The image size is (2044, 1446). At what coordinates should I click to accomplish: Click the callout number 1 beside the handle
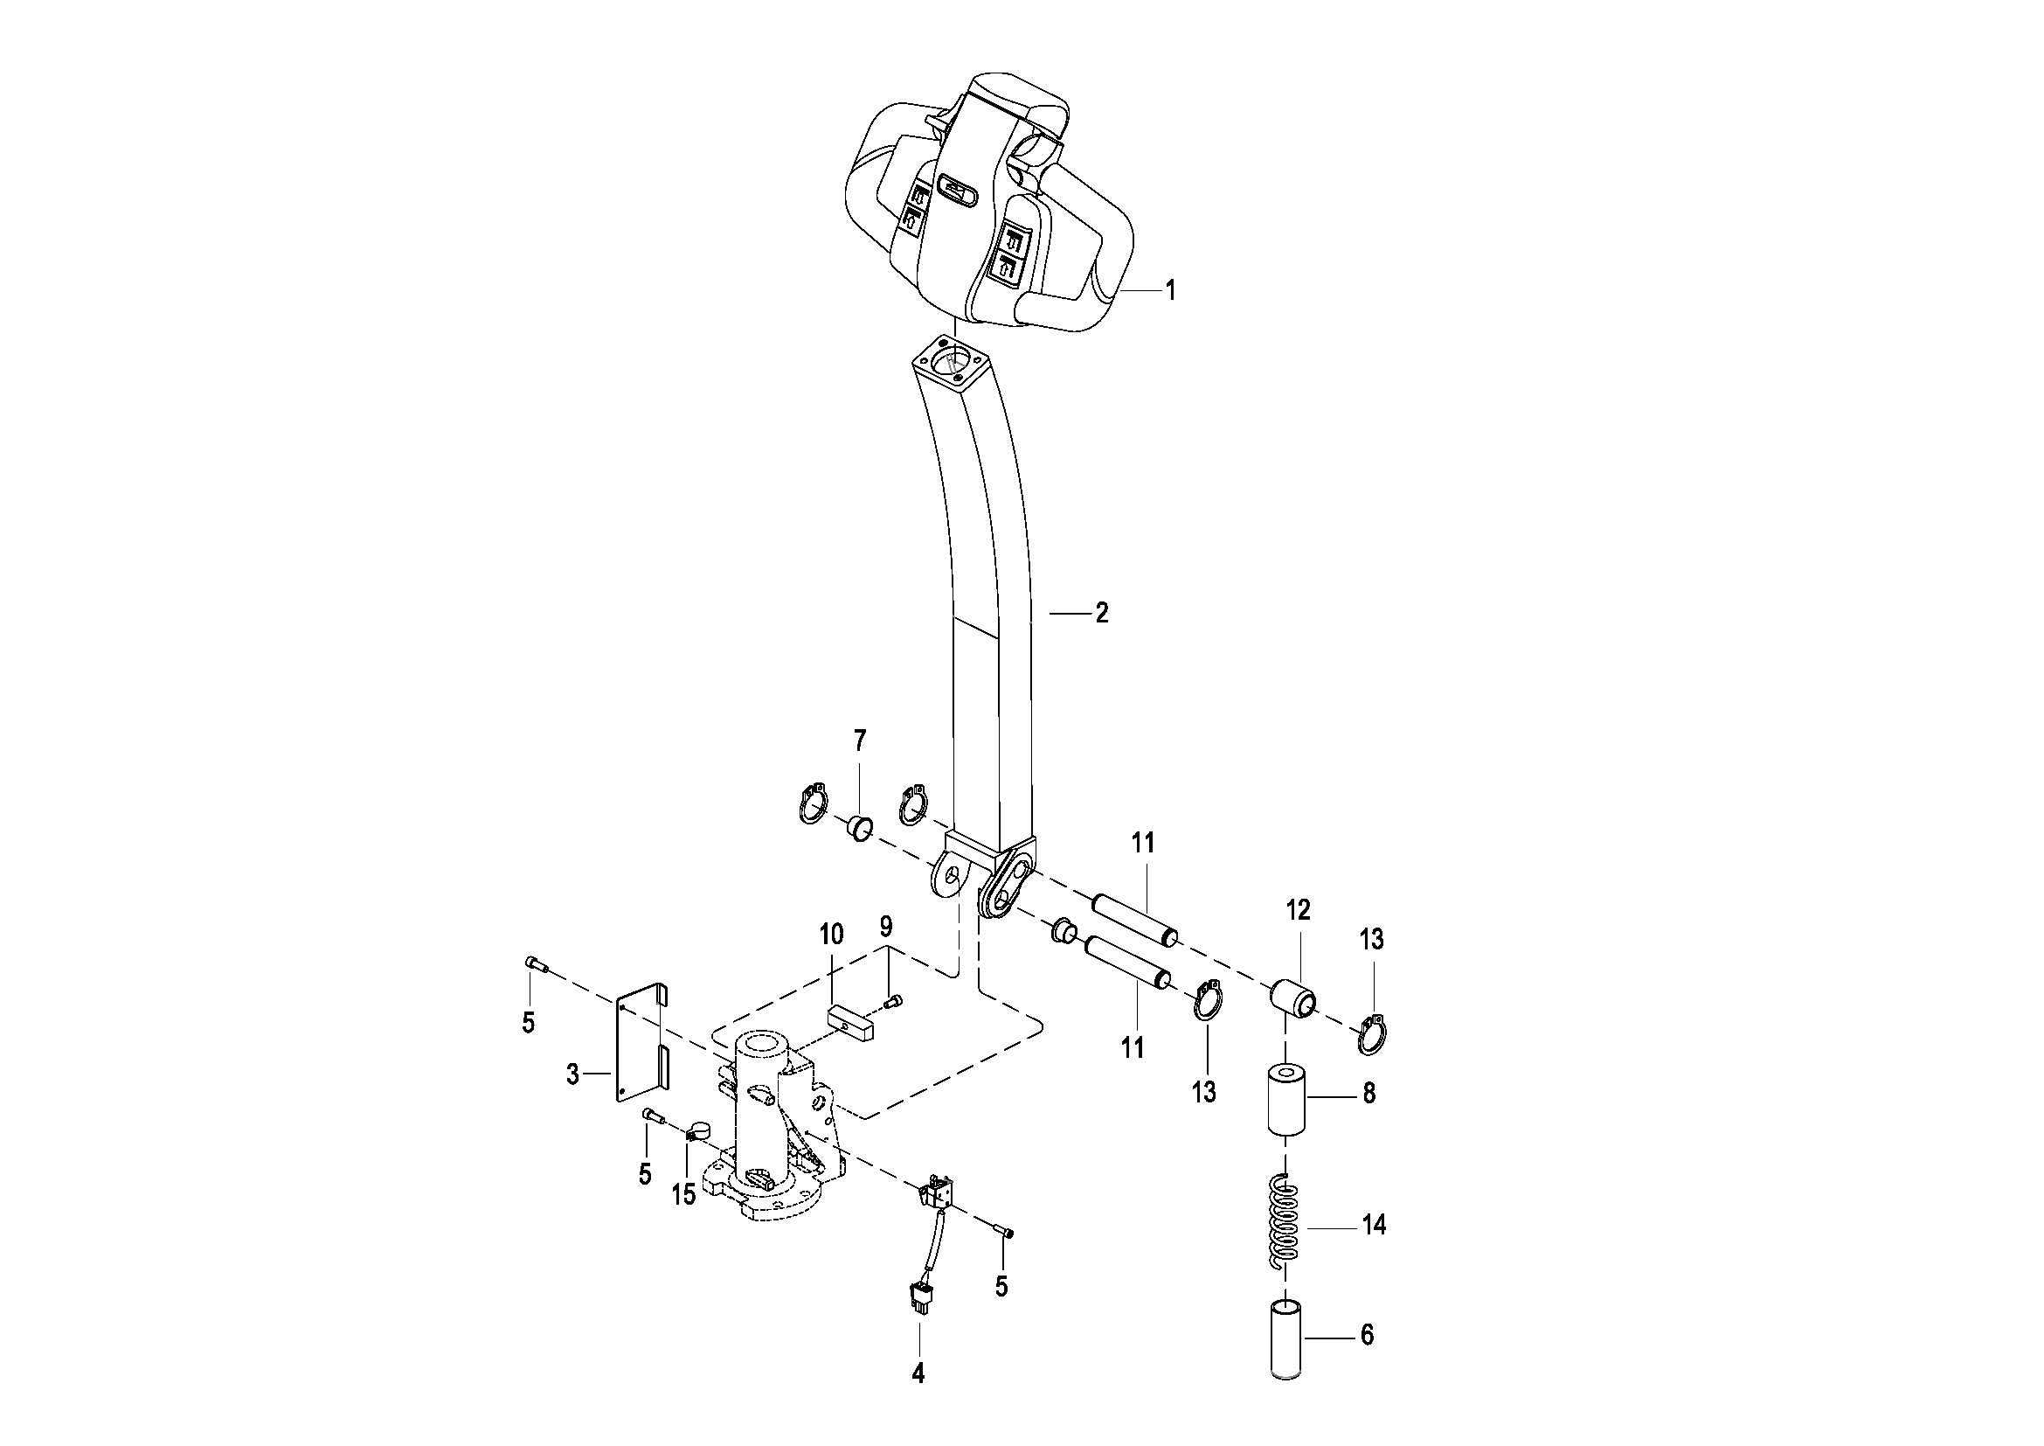[x=1171, y=290]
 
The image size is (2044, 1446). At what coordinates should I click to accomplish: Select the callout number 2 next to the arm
[x=1102, y=613]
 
